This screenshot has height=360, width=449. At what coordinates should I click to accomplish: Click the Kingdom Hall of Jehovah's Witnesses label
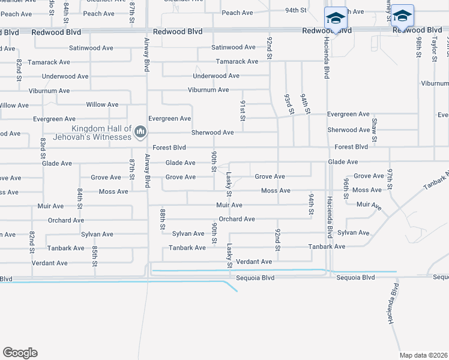(101, 133)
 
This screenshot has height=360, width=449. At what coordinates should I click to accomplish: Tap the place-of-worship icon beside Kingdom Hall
(140, 131)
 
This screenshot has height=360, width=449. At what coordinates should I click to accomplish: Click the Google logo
(20, 353)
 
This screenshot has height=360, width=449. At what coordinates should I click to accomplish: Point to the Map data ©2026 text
(423, 355)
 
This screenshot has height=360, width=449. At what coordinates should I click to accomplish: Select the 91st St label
(243, 111)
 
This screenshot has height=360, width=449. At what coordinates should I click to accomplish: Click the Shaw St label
(375, 130)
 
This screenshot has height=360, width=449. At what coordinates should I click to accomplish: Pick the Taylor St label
(433, 47)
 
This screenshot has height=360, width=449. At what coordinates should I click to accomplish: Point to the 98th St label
(418, 47)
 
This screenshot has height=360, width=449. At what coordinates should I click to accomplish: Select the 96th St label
(346, 188)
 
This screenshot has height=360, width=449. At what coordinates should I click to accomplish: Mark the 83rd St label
(43, 148)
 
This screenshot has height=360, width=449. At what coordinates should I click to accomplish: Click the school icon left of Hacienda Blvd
(336, 18)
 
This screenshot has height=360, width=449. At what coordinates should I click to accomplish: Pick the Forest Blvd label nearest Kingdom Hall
(169, 148)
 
